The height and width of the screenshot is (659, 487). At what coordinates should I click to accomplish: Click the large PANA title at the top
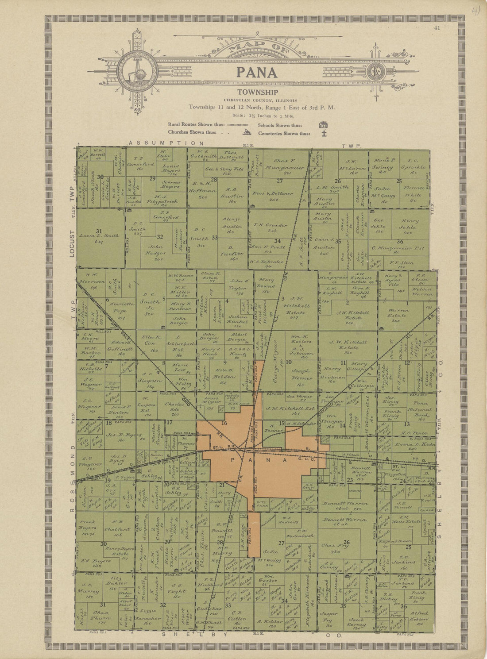pyautogui.click(x=257, y=72)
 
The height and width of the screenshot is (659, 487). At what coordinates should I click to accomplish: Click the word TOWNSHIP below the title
pyautogui.click(x=257, y=92)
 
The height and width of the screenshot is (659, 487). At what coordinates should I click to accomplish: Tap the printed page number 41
pyautogui.click(x=437, y=28)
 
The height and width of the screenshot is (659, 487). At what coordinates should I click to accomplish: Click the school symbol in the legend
pyautogui.click(x=323, y=125)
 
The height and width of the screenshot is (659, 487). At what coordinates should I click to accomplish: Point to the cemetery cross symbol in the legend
pyautogui.click(x=324, y=133)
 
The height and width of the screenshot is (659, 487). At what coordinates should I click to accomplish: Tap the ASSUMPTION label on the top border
pyautogui.click(x=166, y=143)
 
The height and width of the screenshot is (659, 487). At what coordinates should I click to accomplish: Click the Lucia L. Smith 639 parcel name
pyautogui.click(x=100, y=239)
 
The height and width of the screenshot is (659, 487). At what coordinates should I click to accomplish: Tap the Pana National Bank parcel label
pyautogui.click(x=420, y=410)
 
